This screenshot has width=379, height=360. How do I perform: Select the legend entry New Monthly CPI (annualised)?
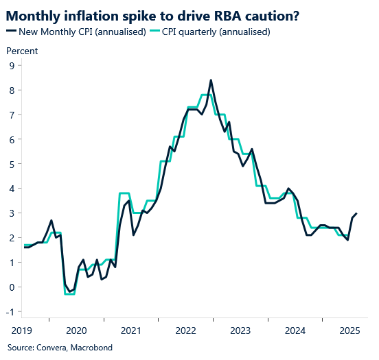pos(82,32)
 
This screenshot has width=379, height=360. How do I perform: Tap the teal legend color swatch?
pos(154,32)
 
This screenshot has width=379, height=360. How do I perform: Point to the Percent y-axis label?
pos(22,51)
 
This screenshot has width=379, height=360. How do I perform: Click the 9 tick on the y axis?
pos(12,66)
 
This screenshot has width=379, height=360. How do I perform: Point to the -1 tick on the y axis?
pos(10,312)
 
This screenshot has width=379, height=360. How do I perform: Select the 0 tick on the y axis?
pos(12,287)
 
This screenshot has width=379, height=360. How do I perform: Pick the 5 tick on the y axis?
pos(12,165)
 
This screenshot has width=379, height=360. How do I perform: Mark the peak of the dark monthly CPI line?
pos(211,80)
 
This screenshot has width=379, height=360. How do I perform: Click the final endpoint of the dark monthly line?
pos(356,213)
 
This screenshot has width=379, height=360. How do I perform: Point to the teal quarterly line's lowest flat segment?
pos(69,293)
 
